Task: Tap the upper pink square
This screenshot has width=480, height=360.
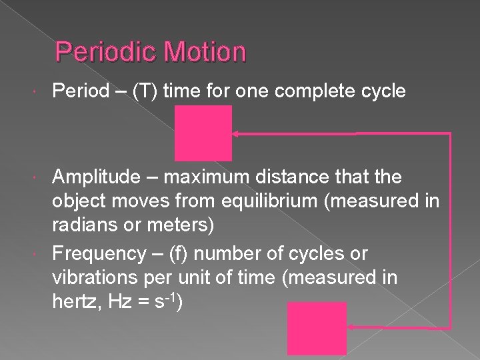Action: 203,133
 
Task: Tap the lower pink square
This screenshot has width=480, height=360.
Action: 317,328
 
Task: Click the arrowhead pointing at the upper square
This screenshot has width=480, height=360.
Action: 236,134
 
